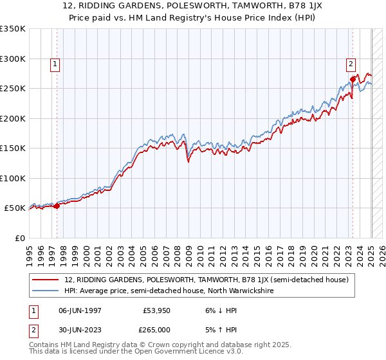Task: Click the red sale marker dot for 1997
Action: pos(57,206)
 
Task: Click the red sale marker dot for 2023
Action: pos(353,79)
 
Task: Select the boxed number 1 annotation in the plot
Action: pos(55,64)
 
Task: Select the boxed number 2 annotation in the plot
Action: pos(351,64)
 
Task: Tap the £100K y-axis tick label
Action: pos(13,178)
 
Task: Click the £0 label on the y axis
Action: pos(19,238)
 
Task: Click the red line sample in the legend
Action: pos(45,280)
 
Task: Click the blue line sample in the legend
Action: pos(45,291)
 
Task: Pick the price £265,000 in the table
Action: pos(157,329)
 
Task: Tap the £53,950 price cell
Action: pos(157,310)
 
